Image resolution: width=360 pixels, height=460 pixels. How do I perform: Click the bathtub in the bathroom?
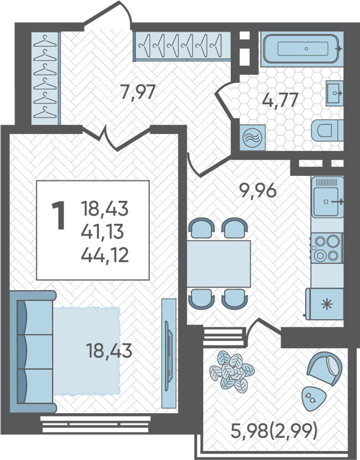[x=302, y=49]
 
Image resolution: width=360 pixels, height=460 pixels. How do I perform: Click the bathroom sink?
[x=334, y=93]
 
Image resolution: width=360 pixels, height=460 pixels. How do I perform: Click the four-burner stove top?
[x=326, y=248]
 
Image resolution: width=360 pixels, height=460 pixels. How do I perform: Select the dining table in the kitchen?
[x=219, y=264]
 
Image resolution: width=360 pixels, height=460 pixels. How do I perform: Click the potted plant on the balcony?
[x=231, y=372]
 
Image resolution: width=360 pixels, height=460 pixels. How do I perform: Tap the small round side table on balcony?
[x=313, y=399]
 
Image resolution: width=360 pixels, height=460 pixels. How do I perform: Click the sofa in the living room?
[x=32, y=352]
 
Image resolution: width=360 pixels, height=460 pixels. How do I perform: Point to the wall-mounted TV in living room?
[x=169, y=354]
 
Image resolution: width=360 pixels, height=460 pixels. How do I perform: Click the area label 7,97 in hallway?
[x=137, y=92]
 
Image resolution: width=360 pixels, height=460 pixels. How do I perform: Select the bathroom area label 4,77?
[x=280, y=101]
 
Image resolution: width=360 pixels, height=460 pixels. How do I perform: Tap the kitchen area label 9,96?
[x=258, y=191]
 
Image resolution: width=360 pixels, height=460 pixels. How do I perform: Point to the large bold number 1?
[x=59, y=216]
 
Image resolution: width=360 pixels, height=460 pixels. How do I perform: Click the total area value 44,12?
[x=105, y=255]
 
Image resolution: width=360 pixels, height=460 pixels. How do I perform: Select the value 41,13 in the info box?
[x=103, y=232]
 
